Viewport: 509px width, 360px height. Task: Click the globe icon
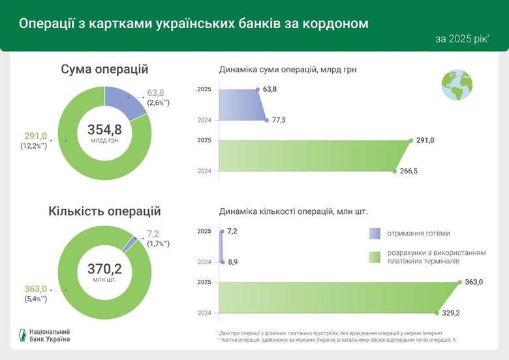point(457,85)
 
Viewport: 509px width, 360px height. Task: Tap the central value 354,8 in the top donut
point(104,129)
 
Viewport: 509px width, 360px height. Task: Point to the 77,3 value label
point(279,121)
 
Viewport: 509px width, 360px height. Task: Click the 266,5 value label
point(409,171)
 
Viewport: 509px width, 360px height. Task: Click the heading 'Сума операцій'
point(104,69)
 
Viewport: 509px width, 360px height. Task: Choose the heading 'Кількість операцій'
point(104,211)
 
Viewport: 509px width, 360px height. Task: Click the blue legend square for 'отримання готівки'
point(374,233)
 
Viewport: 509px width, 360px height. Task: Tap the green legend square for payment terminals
point(374,257)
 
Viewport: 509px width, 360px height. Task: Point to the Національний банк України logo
point(44,335)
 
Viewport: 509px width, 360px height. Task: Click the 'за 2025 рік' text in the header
point(462,39)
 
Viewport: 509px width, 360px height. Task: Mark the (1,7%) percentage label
point(158,243)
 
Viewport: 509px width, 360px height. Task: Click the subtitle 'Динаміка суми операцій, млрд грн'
point(287,69)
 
